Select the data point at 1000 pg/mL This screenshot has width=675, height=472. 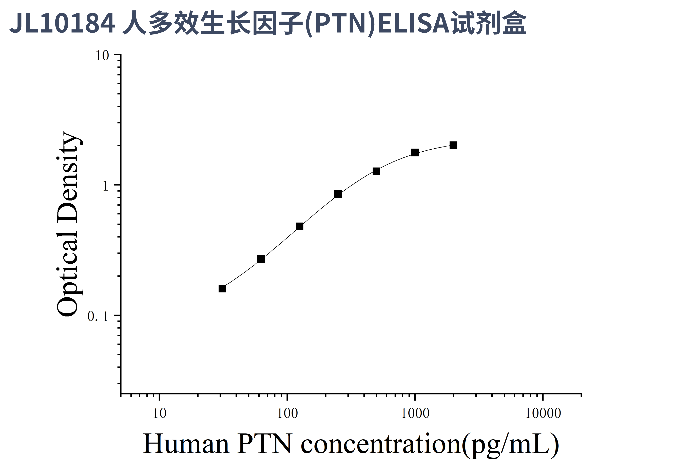pos(415,152)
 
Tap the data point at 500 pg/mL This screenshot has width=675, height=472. pos(376,171)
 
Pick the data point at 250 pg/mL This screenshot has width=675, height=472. pos(338,194)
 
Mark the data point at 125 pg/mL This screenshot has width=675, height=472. pos(300,226)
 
